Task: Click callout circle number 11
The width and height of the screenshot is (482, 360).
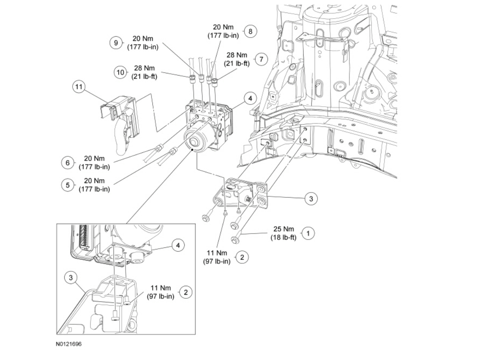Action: click(78, 87)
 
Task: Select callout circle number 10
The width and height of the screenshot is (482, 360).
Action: click(121, 72)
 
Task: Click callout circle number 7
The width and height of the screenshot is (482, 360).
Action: click(259, 59)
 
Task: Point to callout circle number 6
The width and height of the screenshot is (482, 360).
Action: click(66, 163)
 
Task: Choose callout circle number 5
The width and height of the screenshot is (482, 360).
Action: click(67, 185)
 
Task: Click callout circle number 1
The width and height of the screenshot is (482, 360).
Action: click(308, 233)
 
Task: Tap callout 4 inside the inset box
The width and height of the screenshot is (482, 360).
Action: click(176, 245)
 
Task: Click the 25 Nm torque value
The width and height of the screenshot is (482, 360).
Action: click(284, 230)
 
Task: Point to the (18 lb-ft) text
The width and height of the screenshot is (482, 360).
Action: click(284, 237)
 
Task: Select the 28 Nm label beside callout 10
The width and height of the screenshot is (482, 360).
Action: click(144, 69)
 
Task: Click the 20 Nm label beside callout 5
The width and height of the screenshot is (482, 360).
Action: click(94, 181)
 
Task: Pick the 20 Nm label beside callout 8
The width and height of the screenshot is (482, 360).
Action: click(225, 28)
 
